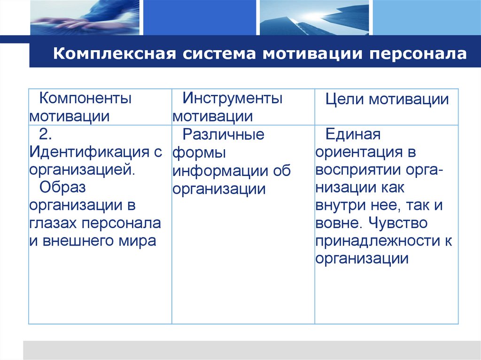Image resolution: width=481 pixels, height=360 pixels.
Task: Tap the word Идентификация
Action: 91,152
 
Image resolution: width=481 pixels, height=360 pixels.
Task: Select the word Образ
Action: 62,187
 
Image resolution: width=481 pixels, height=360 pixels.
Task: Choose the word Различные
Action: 224,135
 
